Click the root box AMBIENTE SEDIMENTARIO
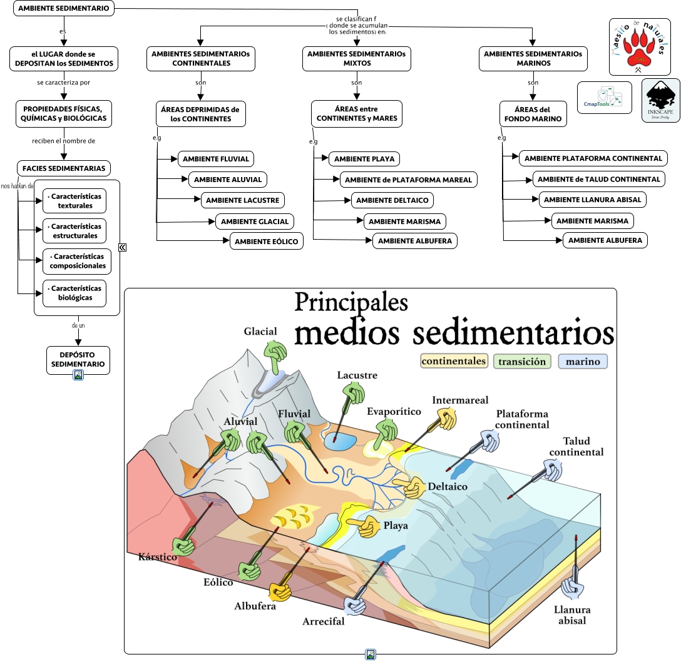[x=64, y=9]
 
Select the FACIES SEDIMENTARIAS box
[x=64, y=168]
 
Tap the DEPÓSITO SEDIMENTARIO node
[x=78, y=360]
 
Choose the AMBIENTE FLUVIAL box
[x=216, y=159]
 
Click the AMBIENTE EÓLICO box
[x=267, y=241]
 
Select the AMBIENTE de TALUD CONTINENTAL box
[x=599, y=179]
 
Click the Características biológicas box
[x=75, y=293]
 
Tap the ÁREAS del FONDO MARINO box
[x=533, y=114]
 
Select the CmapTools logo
[x=604, y=98]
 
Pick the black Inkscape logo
[x=660, y=100]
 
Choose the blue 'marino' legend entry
[x=583, y=361]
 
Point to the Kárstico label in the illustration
[x=157, y=556]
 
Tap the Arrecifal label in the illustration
[x=324, y=621]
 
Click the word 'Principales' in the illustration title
[x=351, y=302]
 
